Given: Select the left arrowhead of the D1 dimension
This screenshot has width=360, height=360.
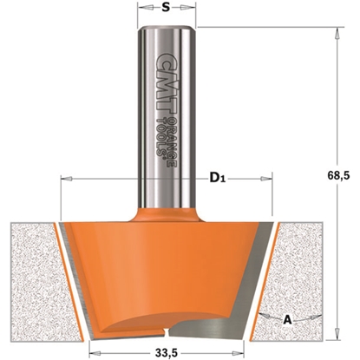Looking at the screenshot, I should click(63, 180).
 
